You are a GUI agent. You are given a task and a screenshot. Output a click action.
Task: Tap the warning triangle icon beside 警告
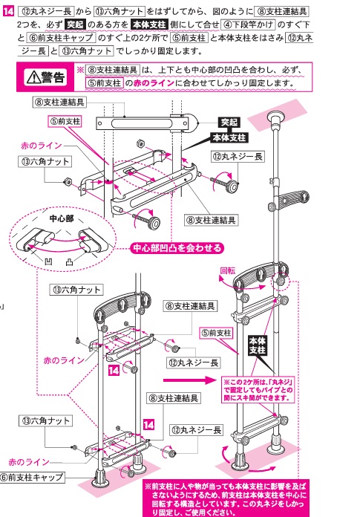point(36,77)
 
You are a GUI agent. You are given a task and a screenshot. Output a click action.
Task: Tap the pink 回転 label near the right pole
point(228,270)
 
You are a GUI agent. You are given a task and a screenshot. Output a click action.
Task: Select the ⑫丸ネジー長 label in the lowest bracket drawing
point(194,429)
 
